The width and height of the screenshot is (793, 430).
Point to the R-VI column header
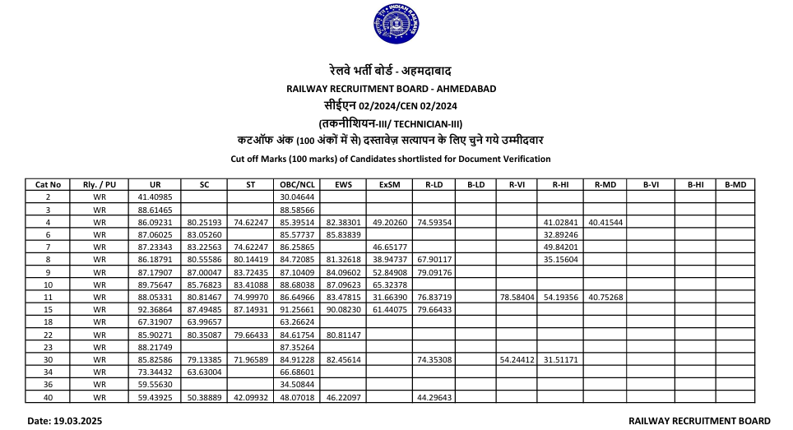(x=517, y=185)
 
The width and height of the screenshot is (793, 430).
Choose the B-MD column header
(x=735, y=185)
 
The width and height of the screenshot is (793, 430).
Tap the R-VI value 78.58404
(x=517, y=297)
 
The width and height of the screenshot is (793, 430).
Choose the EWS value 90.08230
(x=343, y=309)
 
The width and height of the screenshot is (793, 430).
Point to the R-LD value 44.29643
(x=434, y=397)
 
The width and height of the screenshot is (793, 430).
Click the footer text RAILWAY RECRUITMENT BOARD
(x=699, y=420)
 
